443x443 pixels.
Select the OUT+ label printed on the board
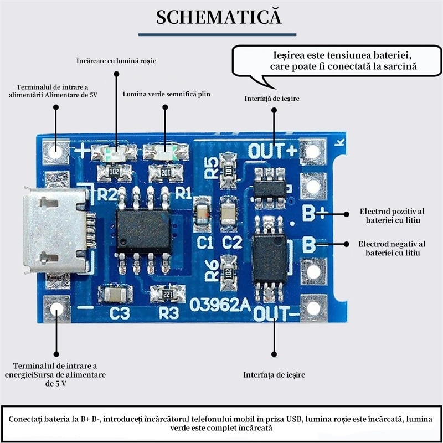tap(272, 150)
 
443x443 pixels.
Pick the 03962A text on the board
tap(220, 305)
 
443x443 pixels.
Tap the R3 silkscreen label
tap(169, 313)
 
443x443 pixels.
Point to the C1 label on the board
tap(205, 242)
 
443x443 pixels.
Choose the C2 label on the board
tap(232, 242)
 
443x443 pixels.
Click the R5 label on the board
tap(211, 167)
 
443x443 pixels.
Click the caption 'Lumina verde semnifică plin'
tap(167, 94)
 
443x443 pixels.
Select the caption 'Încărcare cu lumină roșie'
tap(116, 60)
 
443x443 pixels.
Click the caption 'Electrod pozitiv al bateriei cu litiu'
tap(392, 215)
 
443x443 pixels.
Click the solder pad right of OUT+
tap(312, 151)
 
